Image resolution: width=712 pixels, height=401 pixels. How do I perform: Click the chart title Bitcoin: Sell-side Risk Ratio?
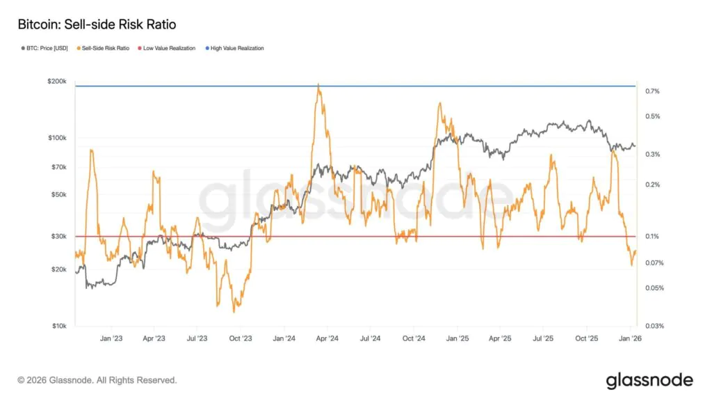coord(97,25)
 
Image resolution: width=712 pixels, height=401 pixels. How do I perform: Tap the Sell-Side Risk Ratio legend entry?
coord(105,49)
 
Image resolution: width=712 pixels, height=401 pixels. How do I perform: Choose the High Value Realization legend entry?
coord(236,49)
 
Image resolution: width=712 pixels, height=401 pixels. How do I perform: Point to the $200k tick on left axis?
coord(57,81)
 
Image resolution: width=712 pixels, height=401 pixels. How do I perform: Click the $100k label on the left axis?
coord(57,138)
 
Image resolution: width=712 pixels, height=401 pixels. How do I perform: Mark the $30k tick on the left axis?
coord(58,237)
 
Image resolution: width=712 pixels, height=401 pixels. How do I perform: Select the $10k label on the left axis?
coord(58,326)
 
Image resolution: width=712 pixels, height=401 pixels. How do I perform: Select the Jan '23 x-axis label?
coord(111,338)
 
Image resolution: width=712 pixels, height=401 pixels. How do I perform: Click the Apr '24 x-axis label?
coord(327,338)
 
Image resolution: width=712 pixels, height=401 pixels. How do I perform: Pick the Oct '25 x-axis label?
coord(587,338)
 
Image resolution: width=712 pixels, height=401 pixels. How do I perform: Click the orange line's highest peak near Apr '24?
coord(318,85)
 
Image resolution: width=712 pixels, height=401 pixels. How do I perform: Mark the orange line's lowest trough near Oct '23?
coord(235,310)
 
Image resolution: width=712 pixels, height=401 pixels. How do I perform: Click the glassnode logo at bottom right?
coord(649,380)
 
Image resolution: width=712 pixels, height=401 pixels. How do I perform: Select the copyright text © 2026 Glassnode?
coord(97,380)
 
